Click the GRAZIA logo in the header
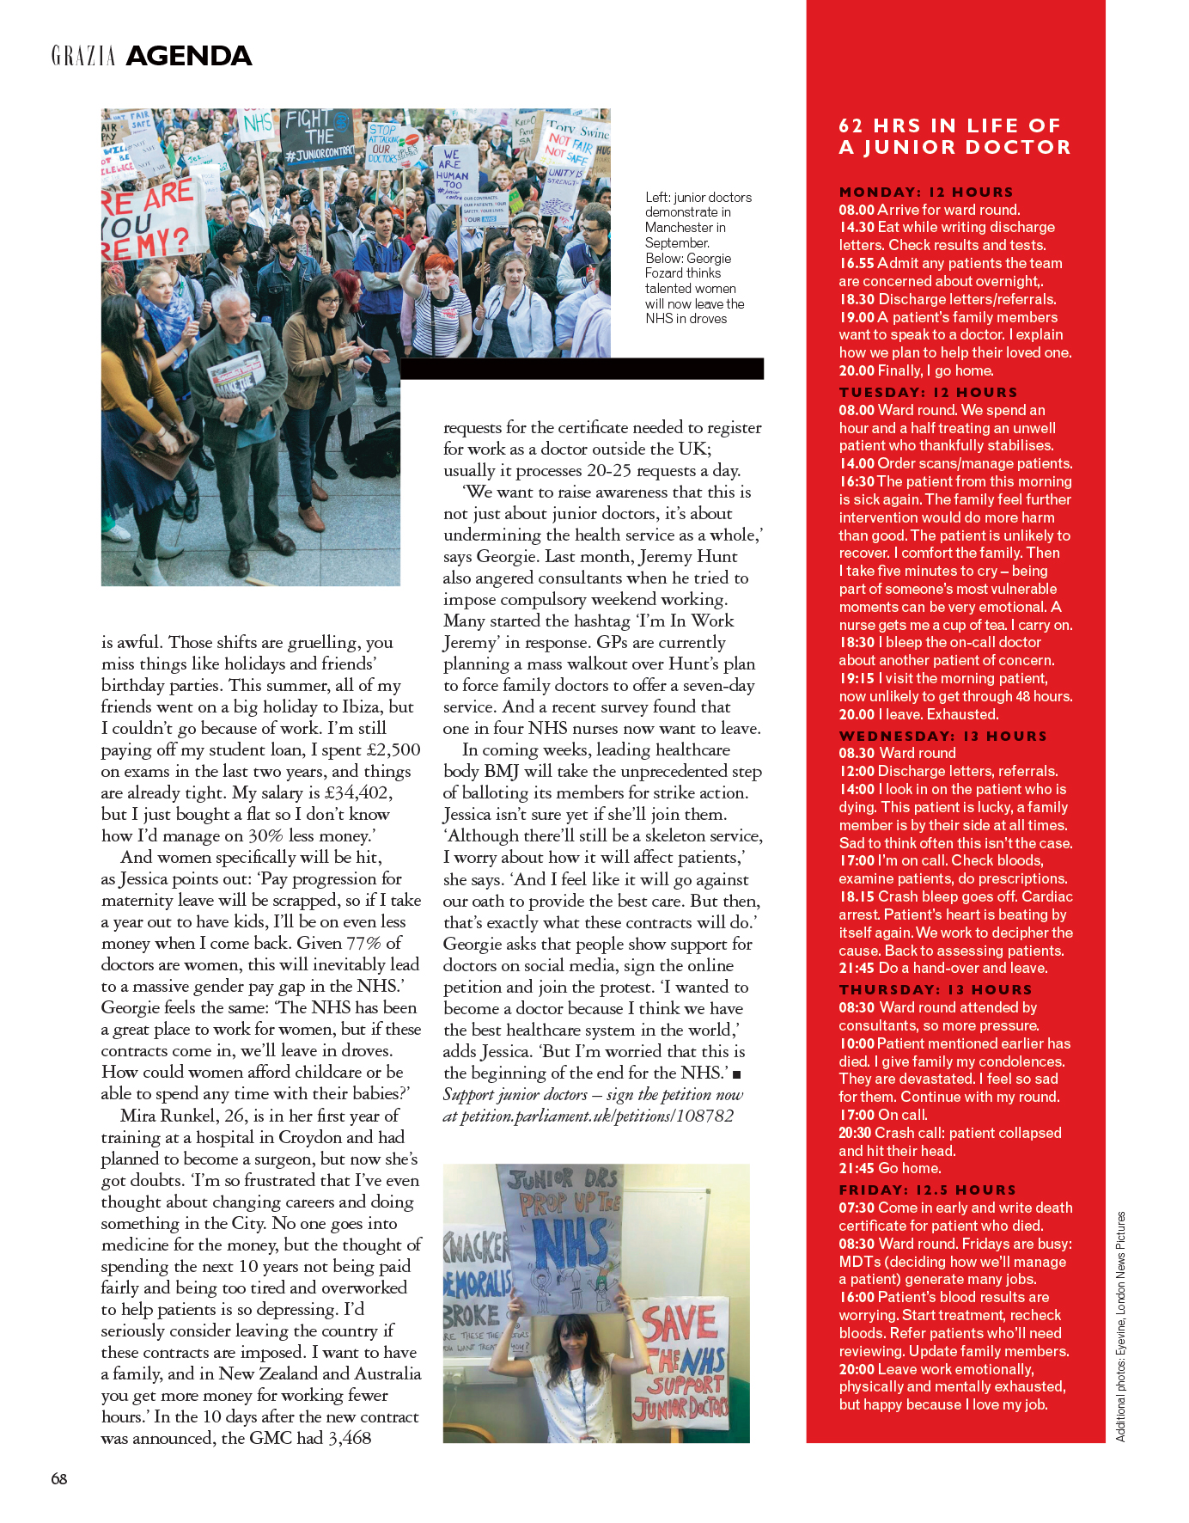[83, 57]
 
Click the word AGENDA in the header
[188, 57]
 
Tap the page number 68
[58, 1478]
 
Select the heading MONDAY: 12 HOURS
[926, 192]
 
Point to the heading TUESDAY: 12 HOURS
[928, 392]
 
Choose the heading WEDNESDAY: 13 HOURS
[942, 736]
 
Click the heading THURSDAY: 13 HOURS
[935, 989]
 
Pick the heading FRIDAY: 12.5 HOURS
[927, 1190]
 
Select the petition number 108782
[704, 1116]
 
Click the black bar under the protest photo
[582, 369]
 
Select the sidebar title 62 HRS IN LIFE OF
[949, 125]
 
